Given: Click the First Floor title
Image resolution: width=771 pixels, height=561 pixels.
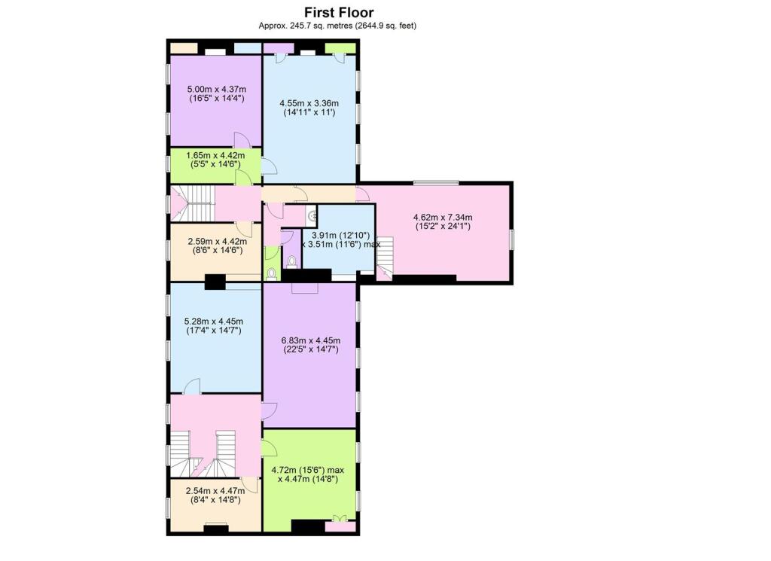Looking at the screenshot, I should [338, 12].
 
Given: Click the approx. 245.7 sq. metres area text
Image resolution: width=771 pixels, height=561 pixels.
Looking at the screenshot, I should [338, 26].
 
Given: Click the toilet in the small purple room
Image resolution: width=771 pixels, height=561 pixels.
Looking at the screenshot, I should [291, 262].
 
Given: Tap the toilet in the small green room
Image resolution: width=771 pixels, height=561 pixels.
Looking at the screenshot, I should [272, 273].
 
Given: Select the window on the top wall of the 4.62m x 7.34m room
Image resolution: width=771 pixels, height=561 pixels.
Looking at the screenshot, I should [435, 182].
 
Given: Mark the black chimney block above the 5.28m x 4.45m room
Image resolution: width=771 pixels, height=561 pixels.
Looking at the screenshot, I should [215, 282].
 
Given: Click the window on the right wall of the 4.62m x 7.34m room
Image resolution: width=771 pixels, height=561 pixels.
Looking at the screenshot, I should [512, 239].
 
